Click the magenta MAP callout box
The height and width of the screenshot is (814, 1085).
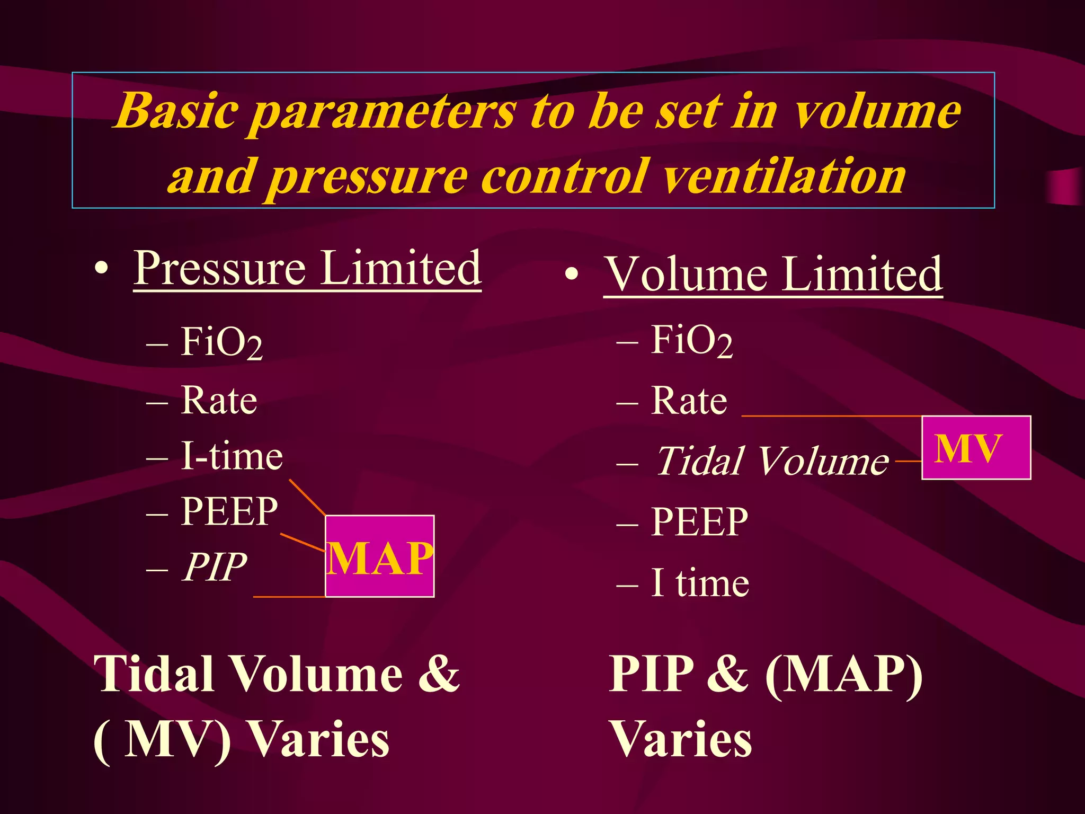pos(379,556)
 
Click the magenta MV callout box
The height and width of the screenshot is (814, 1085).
pos(976,448)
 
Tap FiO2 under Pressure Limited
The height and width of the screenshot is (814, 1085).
pos(221,342)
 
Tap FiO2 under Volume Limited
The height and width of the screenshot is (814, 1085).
pos(692,340)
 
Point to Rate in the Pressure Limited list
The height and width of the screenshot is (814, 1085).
pos(219,400)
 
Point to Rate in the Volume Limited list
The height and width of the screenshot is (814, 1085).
pos(689,401)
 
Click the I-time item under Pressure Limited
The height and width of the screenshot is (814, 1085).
pos(232,456)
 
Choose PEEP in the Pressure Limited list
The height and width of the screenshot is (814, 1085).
pos(229,511)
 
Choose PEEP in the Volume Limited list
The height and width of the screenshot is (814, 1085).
pos(699,522)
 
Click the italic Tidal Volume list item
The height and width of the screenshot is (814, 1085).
pos(772,461)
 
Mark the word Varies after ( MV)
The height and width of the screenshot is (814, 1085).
pos(319,739)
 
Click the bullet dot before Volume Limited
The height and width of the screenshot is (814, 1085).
pos(571,275)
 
